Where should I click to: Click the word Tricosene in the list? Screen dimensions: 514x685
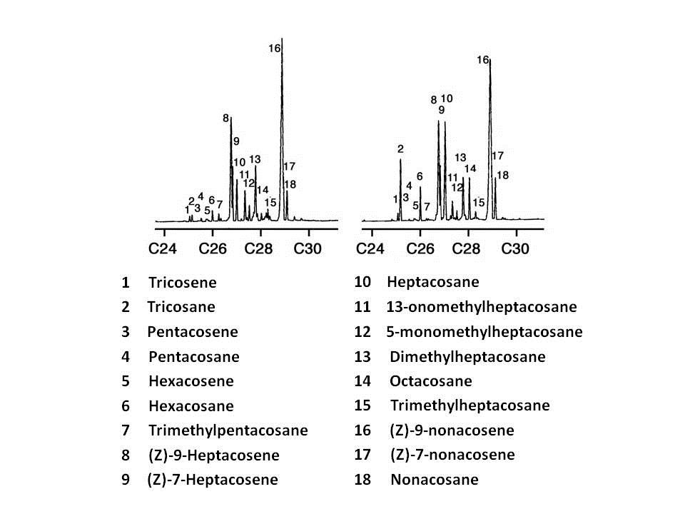tap(182, 283)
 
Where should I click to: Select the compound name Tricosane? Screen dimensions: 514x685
tap(181, 307)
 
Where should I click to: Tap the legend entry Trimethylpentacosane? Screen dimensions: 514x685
tap(228, 430)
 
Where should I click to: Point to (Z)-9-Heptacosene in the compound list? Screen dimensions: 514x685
tap(213, 455)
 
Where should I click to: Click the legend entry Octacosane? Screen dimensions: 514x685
tap(431, 381)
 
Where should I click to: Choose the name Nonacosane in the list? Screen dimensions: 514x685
tap(434, 480)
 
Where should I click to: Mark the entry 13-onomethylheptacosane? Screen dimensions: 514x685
tap(481, 307)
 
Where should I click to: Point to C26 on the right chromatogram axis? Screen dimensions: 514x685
tap(420, 248)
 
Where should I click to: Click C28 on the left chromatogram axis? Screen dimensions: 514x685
tap(260, 248)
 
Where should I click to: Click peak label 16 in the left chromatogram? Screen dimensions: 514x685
tap(275, 49)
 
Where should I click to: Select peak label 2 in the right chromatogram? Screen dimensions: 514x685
tap(400, 148)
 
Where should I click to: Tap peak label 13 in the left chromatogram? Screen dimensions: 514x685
tap(255, 159)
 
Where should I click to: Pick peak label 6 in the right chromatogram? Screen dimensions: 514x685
tap(420, 176)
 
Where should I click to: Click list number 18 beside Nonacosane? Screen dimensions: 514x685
tap(362, 480)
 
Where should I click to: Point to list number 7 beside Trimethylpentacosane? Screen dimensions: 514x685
tap(126, 430)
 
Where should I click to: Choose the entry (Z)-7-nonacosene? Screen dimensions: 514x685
tap(452, 455)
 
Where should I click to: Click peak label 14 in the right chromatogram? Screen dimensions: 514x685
tap(470, 168)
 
